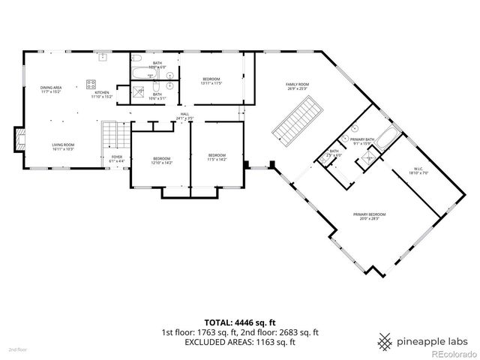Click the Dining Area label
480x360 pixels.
51,90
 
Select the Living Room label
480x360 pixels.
62,147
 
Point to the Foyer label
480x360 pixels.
117,158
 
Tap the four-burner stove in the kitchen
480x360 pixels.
91,83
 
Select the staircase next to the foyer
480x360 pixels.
111,136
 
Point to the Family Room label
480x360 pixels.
297,86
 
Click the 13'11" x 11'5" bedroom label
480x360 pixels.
211,80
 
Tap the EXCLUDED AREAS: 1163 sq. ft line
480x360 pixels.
239,342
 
